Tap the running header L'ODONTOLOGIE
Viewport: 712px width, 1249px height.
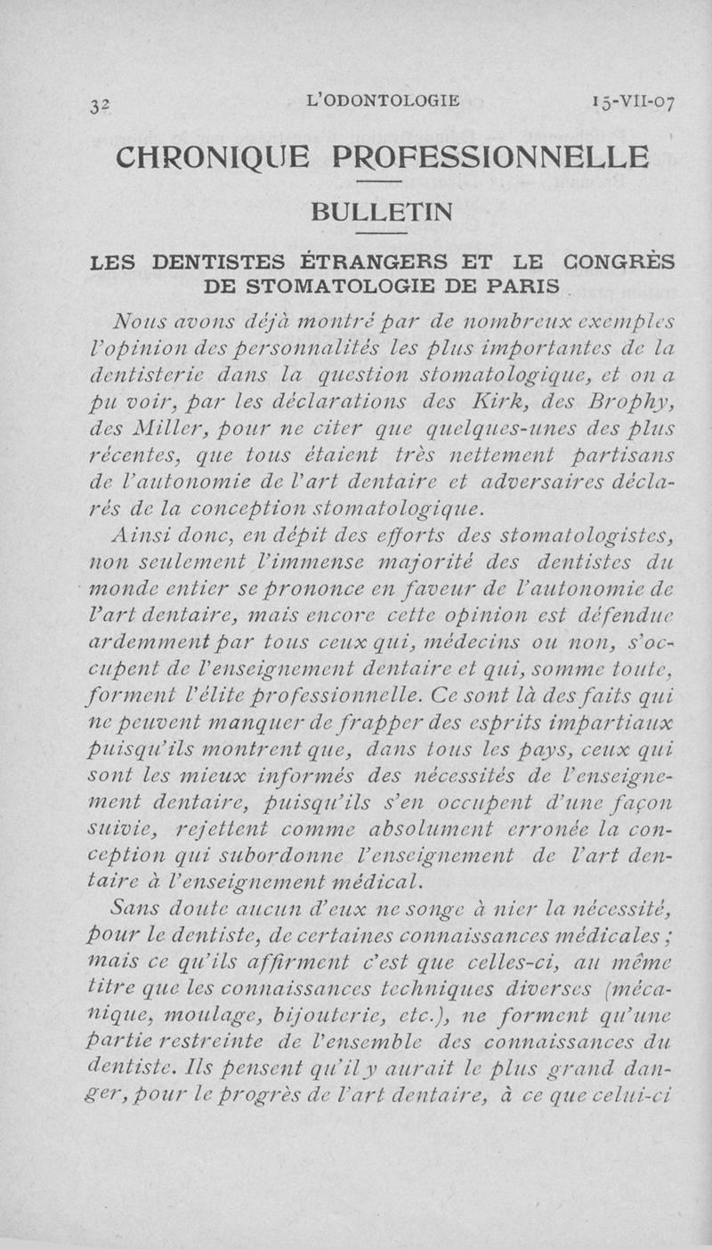pos(382,100)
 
